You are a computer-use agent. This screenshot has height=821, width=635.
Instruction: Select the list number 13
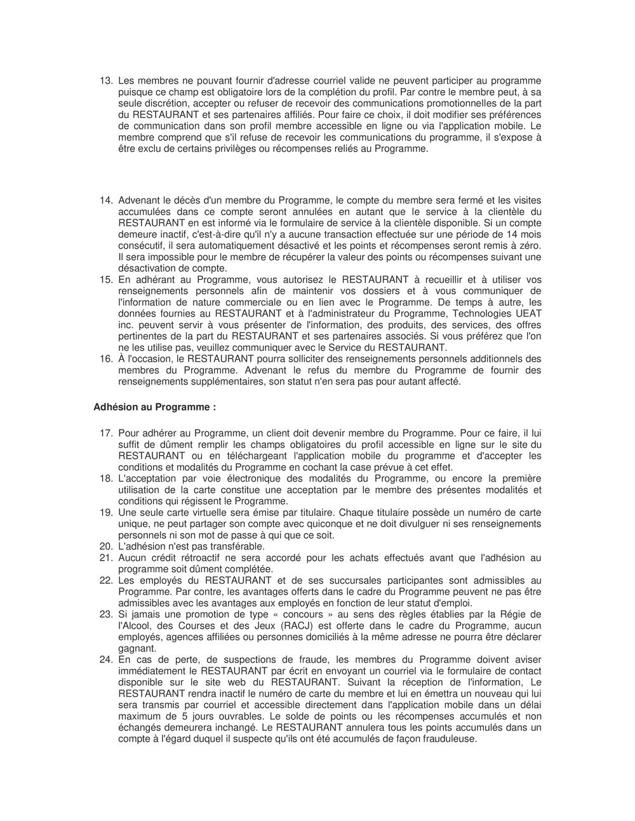(105, 81)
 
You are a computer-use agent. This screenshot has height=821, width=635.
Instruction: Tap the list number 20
(105, 546)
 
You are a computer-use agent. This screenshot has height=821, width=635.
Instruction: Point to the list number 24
(105, 660)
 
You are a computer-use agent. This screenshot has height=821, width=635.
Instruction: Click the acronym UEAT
(528, 313)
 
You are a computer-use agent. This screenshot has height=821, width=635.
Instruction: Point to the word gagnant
(136, 648)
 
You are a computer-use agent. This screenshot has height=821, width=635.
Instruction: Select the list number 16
(105, 358)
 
